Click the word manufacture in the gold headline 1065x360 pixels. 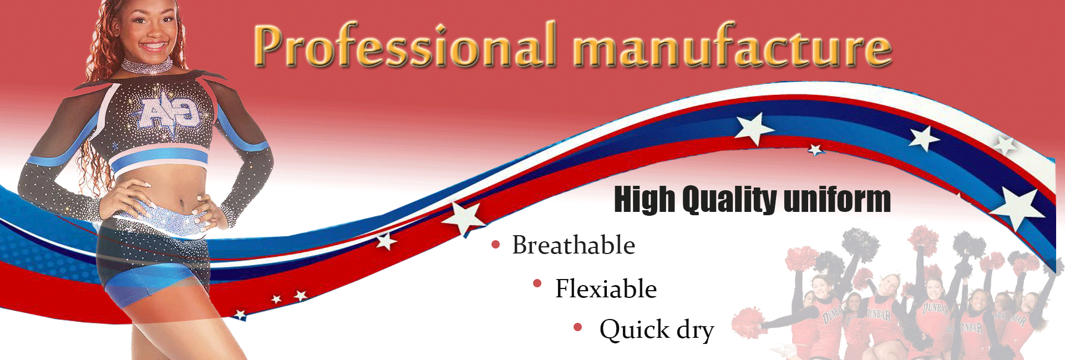pyautogui.click(x=732, y=45)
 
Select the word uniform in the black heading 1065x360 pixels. pyautogui.click(x=837, y=200)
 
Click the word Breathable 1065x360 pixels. pyautogui.click(x=574, y=245)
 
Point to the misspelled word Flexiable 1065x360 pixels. pyautogui.click(x=606, y=288)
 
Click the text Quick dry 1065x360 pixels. pyautogui.click(x=657, y=329)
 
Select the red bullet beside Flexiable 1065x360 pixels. pyautogui.click(x=537, y=283)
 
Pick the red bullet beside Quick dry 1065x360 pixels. pyautogui.click(x=577, y=327)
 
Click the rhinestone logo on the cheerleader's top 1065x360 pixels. pyautogui.click(x=169, y=115)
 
